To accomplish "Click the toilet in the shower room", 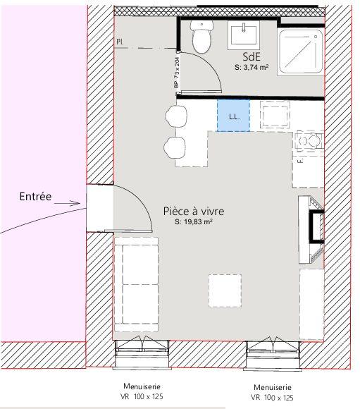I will [x=203, y=39].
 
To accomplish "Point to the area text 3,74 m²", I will [x=252, y=68].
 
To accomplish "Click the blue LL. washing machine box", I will [x=233, y=116].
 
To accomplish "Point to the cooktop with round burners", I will [x=308, y=141].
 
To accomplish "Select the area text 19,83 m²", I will [x=194, y=221].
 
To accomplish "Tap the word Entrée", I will [x=36, y=197].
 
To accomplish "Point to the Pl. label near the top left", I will [x=120, y=42].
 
